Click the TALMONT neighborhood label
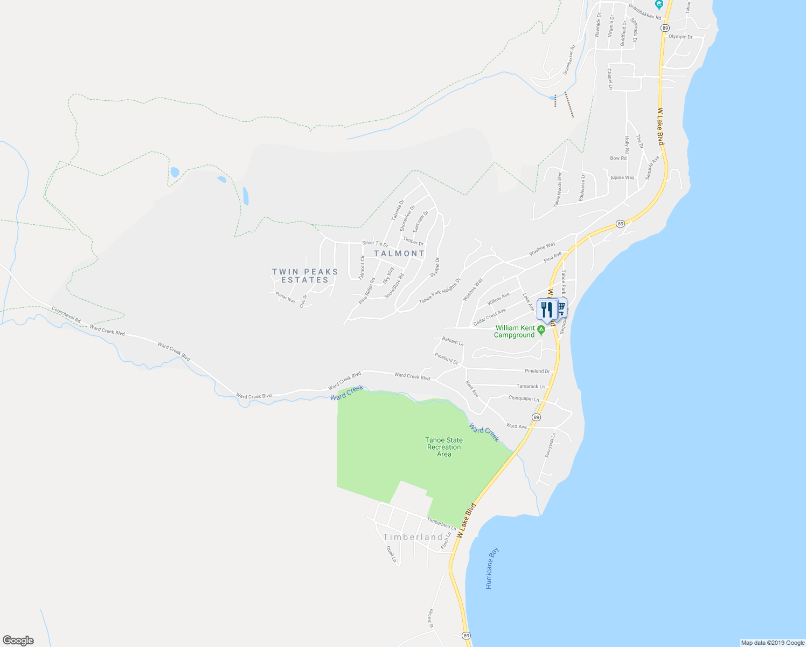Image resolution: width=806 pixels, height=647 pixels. click(399, 253)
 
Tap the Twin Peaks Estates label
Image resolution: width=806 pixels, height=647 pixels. click(305, 276)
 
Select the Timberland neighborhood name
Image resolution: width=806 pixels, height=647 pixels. click(413, 537)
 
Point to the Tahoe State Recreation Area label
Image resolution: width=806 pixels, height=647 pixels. click(444, 447)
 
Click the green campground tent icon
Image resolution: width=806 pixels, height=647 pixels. click(541, 329)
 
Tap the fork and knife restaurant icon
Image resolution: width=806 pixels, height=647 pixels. click(547, 309)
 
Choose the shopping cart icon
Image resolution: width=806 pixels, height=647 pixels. click(561, 307)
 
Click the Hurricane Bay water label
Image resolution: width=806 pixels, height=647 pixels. click(492, 568)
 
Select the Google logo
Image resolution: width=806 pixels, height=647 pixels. click(18, 641)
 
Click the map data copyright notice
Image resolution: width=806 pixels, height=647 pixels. click(772, 643)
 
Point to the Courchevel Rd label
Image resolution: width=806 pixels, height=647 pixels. click(66, 315)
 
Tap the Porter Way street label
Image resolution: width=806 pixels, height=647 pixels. click(286, 297)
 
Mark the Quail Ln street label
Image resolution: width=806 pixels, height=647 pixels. click(391, 554)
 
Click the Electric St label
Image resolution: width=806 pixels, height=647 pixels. click(430, 618)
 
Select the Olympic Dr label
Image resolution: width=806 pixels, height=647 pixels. click(680, 37)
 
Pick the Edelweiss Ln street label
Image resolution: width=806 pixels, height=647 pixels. click(582, 187)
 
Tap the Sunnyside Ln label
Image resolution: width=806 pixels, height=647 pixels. click(550, 445)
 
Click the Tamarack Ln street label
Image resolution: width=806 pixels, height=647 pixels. click(531, 386)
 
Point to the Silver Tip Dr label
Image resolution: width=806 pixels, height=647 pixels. click(375, 244)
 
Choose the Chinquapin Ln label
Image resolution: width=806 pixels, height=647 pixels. click(524, 398)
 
